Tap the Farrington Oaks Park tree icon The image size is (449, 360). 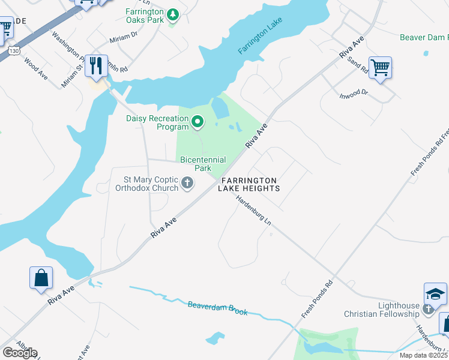click(173, 14)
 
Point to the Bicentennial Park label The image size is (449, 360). click(203, 164)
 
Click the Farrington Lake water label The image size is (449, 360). click(259, 37)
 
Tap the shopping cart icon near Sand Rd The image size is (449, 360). click(380, 67)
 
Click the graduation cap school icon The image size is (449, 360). click(435, 293)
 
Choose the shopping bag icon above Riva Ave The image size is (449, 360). click(41, 278)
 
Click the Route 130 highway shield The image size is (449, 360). click(14, 51)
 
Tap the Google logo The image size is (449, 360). click(20, 352)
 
